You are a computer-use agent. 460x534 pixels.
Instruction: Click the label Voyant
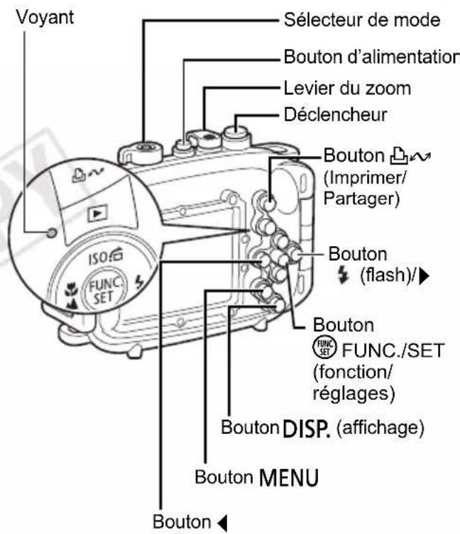(x=45, y=18)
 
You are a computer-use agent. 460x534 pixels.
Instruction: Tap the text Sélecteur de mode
(x=362, y=20)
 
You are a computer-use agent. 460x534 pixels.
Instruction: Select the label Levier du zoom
(x=347, y=89)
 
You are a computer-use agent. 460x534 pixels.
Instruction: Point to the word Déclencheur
(x=335, y=115)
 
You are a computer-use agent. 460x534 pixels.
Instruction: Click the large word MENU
(x=289, y=477)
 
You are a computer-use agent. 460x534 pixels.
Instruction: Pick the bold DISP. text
(x=307, y=429)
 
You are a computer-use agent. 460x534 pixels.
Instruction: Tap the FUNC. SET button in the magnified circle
(x=104, y=290)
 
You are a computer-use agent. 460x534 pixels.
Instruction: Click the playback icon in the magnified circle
(x=98, y=213)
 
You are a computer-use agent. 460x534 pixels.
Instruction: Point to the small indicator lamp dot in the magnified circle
(x=52, y=233)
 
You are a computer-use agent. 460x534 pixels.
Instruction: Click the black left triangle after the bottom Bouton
(x=222, y=523)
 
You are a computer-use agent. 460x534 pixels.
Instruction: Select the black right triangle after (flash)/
(x=425, y=276)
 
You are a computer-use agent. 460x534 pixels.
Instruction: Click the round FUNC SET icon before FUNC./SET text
(x=324, y=349)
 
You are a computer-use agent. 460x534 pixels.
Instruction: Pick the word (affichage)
(x=380, y=428)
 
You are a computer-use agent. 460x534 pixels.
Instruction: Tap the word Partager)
(x=361, y=198)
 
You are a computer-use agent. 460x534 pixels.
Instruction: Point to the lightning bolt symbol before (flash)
(x=344, y=275)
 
